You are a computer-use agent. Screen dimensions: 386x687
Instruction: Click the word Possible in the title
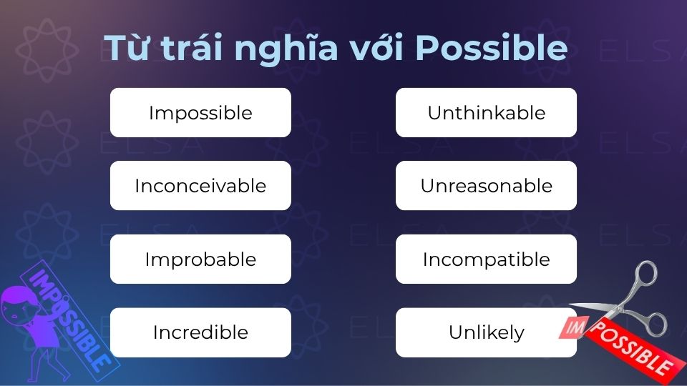tap(492, 49)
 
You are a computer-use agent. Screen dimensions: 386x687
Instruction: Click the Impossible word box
tap(200, 113)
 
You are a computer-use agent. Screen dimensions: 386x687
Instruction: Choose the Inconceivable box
tap(200, 186)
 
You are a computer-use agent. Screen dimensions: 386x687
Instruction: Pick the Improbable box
tap(200, 259)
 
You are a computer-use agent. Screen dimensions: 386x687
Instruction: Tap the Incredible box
tap(200, 332)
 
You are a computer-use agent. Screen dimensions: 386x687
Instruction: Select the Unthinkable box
tap(486, 113)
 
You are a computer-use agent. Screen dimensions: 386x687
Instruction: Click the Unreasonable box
tap(486, 186)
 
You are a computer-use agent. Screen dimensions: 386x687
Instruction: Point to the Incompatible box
tap(486, 259)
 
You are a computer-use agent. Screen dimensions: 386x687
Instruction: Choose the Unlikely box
tap(486, 332)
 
